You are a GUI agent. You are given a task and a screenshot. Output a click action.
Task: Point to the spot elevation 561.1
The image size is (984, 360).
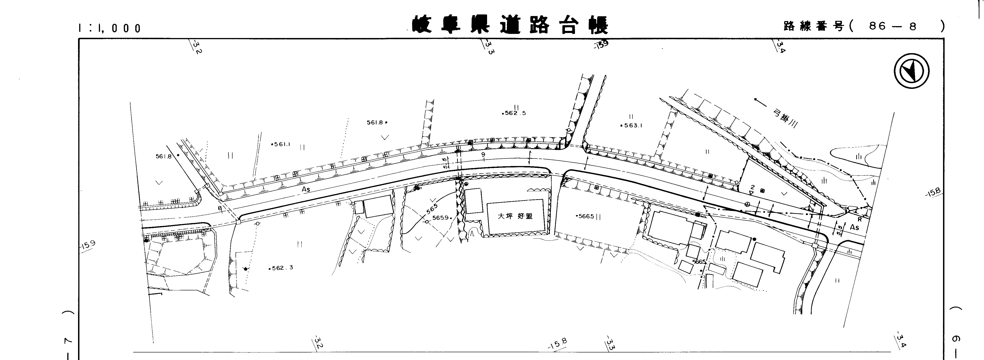click(x=282, y=144)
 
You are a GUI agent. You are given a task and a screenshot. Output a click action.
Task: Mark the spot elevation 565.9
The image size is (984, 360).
click(x=441, y=218)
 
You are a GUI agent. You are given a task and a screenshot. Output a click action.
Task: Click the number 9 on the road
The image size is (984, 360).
click(x=483, y=154)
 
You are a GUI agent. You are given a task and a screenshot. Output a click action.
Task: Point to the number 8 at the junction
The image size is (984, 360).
click(x=220, y=208)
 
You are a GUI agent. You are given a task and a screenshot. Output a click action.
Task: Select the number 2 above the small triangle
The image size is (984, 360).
click(x=753, y=187)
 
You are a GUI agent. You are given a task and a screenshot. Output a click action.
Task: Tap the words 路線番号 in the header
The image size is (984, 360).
click(x=813, y=26)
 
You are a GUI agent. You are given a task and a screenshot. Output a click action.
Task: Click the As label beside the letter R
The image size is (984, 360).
click(x=854, y=227)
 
